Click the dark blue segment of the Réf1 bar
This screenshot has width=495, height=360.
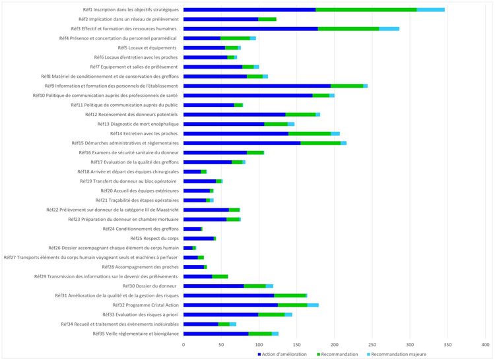pos(249,10)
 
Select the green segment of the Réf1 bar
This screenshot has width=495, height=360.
pos(366,10)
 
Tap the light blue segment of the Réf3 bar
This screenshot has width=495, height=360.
pos(389,29)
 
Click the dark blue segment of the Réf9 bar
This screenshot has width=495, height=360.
pos(257,86)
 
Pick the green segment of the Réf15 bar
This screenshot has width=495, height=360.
pos(321,143)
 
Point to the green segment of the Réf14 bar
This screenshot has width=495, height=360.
pos(310,134)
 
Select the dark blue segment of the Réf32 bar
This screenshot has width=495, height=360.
pos(230,305)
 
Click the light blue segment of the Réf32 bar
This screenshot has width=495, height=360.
pos(313,305)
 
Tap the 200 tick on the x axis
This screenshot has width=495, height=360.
pos(334,344)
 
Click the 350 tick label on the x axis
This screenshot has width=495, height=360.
pos(447,344)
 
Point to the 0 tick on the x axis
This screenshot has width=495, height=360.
pos(183,344)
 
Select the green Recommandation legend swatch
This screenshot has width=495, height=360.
pos(319,354)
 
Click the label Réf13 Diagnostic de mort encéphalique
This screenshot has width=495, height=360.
pos(137,124)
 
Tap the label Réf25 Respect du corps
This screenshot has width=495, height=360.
pos(154,238)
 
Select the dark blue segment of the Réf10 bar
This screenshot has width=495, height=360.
pos(247,96)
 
